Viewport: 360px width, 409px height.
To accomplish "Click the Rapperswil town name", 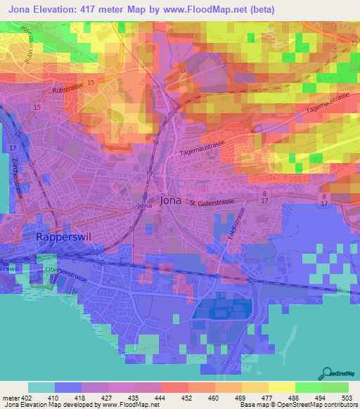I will (60, 238).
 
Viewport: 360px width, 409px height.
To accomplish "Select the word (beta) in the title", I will (259, 10).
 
